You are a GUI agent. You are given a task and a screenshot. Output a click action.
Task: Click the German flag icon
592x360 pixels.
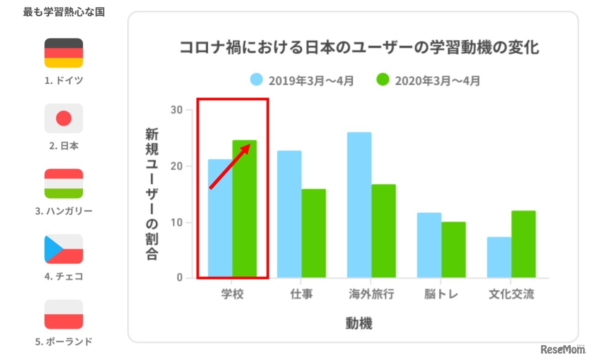63,53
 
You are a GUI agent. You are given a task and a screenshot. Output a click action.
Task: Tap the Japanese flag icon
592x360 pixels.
63,118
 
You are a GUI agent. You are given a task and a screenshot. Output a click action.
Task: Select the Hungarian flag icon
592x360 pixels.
63,184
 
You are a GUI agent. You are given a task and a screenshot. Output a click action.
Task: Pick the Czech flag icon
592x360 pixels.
63,249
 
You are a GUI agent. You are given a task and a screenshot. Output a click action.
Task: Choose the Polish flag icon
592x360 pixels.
63,314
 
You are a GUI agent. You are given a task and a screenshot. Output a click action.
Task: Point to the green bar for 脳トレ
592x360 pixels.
454,250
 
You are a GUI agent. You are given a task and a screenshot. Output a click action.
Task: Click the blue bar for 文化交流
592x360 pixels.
499,257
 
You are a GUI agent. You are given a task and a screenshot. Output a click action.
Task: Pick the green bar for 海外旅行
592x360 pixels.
384,231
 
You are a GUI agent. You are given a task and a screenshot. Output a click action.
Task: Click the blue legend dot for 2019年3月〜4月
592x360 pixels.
256,80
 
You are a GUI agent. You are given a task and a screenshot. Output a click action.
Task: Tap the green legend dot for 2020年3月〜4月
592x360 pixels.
383,80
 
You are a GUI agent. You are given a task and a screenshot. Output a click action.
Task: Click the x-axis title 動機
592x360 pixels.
359,323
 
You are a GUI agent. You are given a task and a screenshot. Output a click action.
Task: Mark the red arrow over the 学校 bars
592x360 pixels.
230,166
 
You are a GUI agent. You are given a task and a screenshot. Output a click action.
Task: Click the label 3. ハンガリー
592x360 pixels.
63,211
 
